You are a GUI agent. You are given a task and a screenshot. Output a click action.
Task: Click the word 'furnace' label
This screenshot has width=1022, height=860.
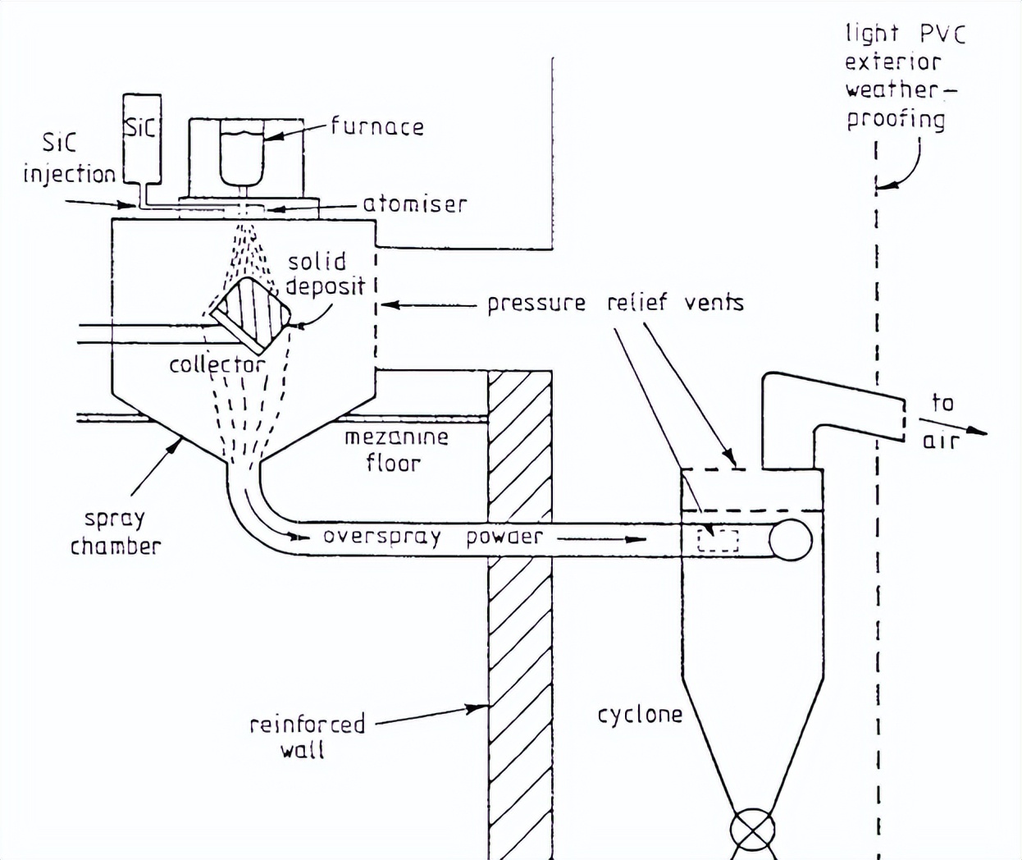coord(377,126)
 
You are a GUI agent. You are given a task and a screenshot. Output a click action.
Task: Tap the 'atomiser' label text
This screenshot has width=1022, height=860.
coord(414,204)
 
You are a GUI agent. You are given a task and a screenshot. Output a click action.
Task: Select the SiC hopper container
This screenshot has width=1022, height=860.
coord(141,135)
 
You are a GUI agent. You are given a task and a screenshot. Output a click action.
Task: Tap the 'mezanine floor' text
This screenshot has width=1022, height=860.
coord(395,450)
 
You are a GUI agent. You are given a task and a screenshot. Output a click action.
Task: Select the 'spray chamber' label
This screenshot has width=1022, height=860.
coord(115,533)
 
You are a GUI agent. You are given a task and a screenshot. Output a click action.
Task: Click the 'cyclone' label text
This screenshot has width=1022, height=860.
coord(639,715)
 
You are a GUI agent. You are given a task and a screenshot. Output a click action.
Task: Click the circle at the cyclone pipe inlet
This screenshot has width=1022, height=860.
coord(791,540)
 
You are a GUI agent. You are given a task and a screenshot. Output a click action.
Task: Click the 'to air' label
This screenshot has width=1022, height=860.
coord(942,421)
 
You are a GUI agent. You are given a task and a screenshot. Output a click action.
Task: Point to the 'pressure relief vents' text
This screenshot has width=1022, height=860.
coord(615,303)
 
